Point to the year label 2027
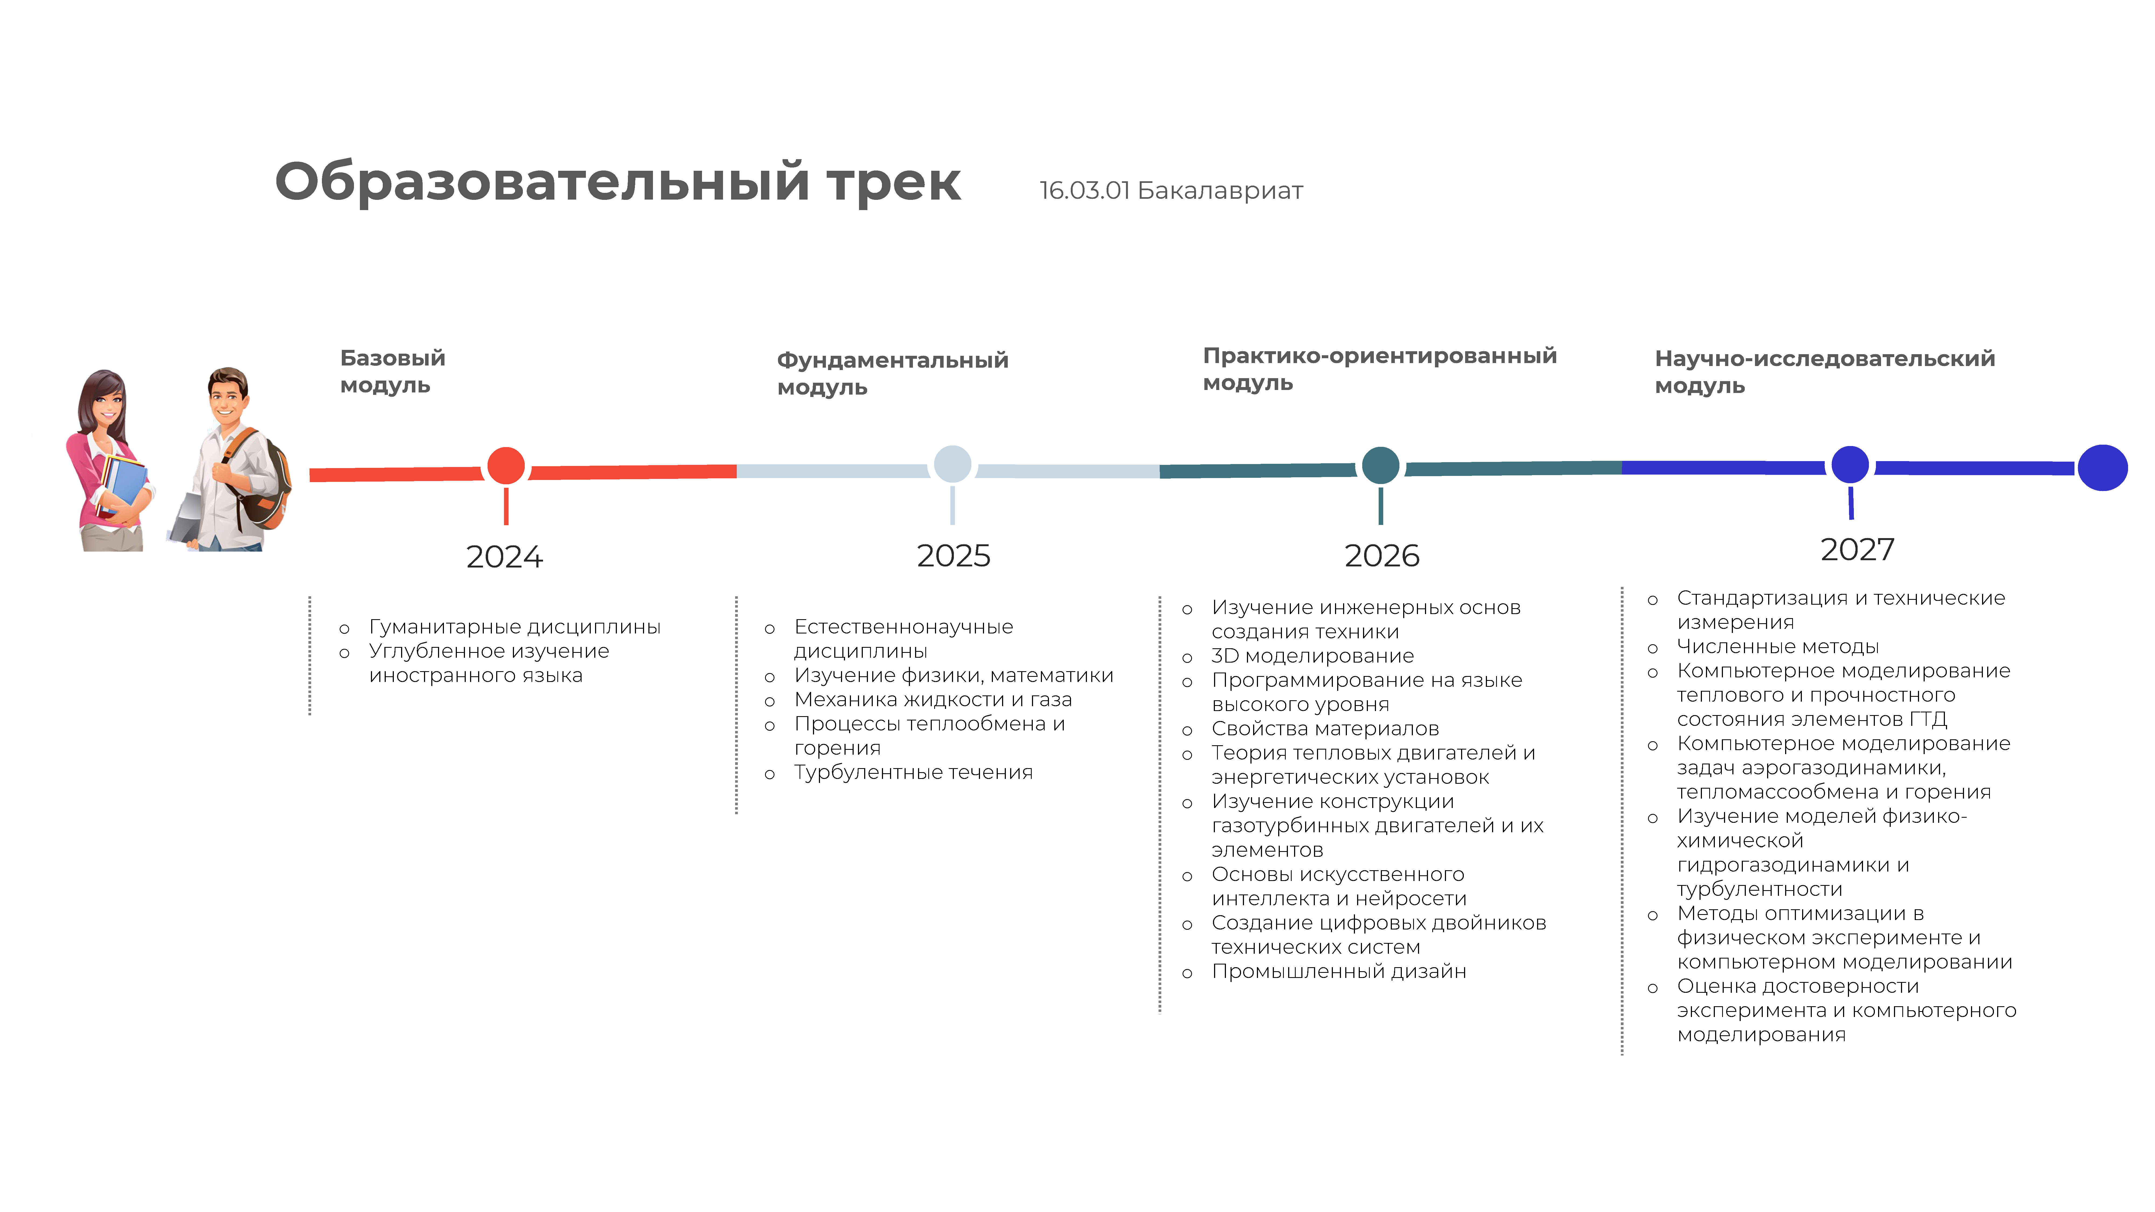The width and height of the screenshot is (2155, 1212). pos(1857,549)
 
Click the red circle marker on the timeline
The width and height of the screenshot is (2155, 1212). pos(506,466)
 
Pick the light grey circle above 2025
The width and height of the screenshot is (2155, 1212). pos(952,464)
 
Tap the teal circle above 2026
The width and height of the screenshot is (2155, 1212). pos(1380,465)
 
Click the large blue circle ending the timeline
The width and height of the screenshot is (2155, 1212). pos(2102,468)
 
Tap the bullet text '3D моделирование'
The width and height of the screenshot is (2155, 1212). pos(1313,656)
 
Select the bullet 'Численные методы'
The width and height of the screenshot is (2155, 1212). pos(1778,647)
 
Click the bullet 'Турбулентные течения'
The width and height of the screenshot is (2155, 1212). pos(913,772)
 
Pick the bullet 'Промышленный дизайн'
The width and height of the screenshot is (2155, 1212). pos(1339,971)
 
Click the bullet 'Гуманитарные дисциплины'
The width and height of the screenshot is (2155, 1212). pos(515,626)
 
